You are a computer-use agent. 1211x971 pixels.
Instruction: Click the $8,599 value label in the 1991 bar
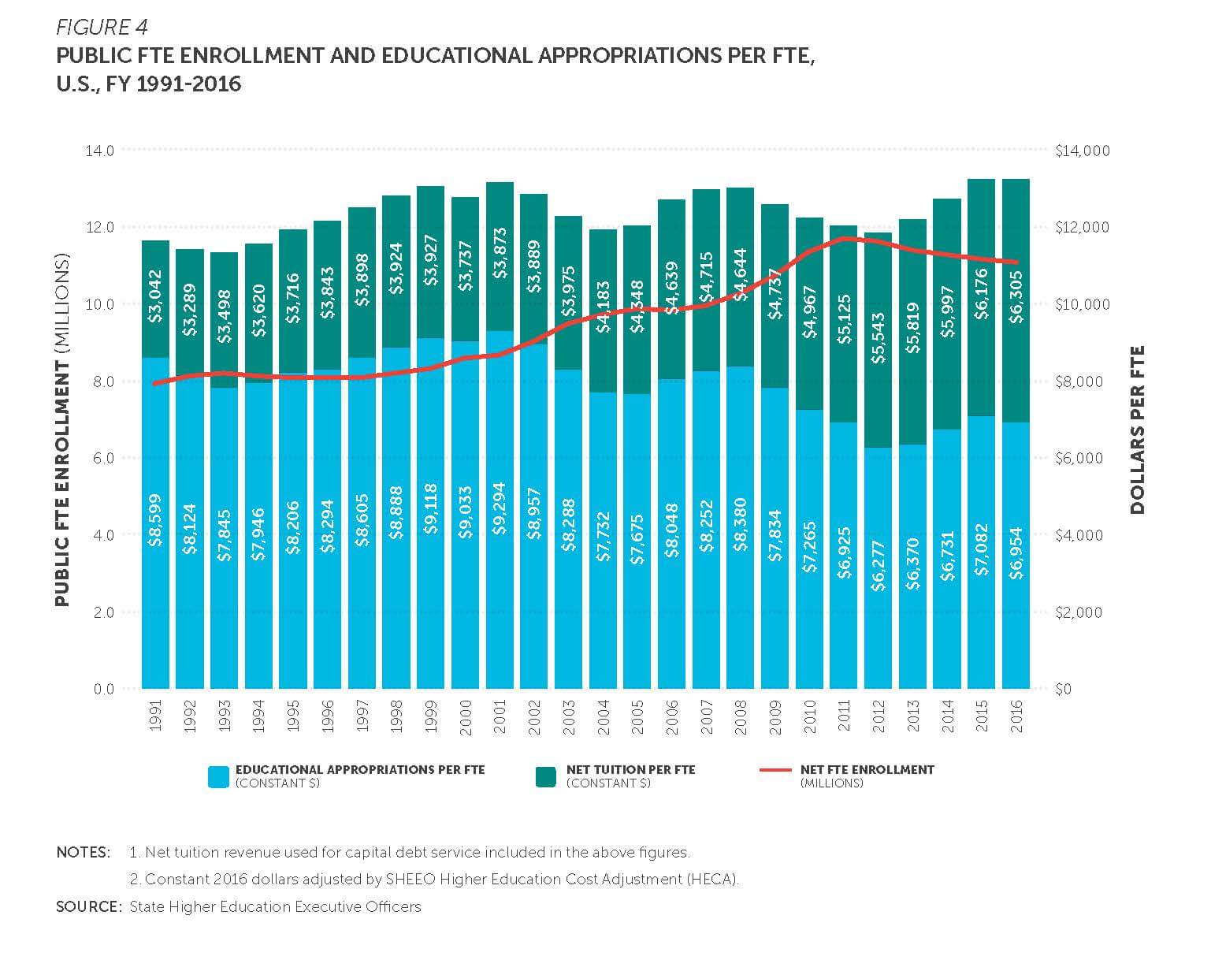[x=156, y=520]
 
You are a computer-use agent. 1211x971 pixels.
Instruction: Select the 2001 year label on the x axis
[x=500, y=716]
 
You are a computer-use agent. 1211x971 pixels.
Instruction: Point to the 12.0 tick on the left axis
[x=100, y=228]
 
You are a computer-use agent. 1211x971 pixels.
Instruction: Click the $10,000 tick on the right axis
[x=1082, y=305]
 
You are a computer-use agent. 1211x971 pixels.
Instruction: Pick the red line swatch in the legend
[x=775, y=770]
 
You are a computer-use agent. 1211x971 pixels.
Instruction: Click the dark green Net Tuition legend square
[x=545, y=776]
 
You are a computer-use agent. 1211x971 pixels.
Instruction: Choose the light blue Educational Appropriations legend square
[x=218, y=776]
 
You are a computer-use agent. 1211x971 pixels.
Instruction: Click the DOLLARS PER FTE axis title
[x=1137, y=430]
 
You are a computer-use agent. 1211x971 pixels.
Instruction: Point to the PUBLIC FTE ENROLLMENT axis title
[x=62, y=430]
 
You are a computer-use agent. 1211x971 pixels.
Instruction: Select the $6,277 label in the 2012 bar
[x=879, y=565]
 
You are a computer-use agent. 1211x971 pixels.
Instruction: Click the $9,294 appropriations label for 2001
[x=500, y=508]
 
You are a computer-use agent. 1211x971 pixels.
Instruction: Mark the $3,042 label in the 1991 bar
[x=156, y=296]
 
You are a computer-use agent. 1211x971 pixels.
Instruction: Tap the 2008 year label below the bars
[x=741, y=716]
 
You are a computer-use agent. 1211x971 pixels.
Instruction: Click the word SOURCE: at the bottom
[x=88, y=906]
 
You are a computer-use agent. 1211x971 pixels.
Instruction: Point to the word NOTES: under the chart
[x=84, y=852]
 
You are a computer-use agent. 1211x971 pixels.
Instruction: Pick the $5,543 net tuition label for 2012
[x=879, y=337]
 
